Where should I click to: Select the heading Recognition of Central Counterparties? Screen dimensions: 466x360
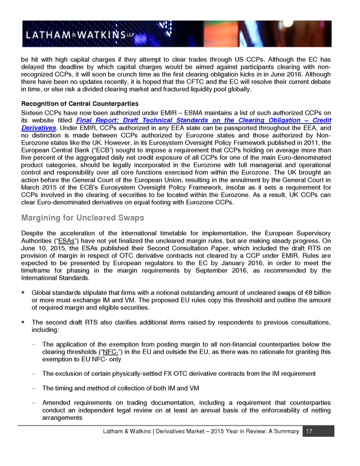point(79,104)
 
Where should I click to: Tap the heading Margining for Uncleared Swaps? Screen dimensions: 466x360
point(82,218)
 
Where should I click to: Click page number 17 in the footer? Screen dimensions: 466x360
point(308,431)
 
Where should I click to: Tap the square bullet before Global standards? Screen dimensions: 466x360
point(24,292)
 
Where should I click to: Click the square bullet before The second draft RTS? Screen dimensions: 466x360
point(24,321)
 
